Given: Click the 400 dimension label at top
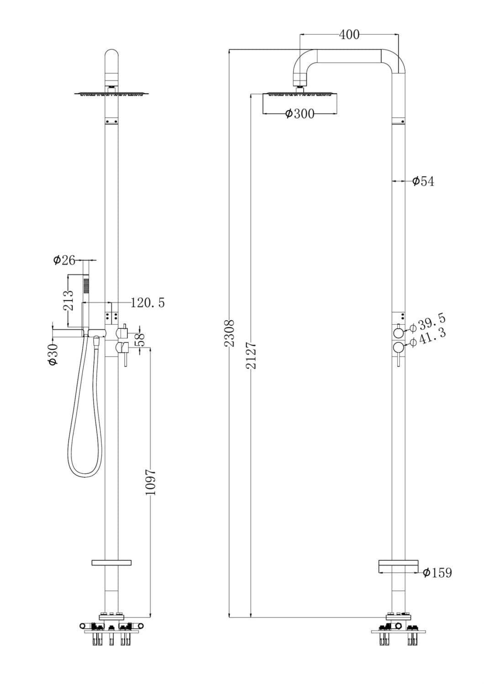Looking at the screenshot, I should [349, 35].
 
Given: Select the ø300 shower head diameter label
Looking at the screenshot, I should [300, 114].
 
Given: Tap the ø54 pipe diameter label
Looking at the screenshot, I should [423, 181].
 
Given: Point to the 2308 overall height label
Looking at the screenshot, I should [231, 333].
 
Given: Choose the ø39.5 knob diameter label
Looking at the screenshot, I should [427, 323].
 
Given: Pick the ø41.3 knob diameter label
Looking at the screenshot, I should [427, 338].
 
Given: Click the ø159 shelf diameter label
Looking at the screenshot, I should [437, 573].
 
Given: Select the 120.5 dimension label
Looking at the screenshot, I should [147, 302].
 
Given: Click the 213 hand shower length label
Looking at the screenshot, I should [68, 300].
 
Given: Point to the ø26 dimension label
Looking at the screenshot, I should [64, 260].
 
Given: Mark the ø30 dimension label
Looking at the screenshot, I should [53, 354].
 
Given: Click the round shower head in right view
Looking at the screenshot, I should [300, 104].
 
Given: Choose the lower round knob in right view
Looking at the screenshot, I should [398, 348].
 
